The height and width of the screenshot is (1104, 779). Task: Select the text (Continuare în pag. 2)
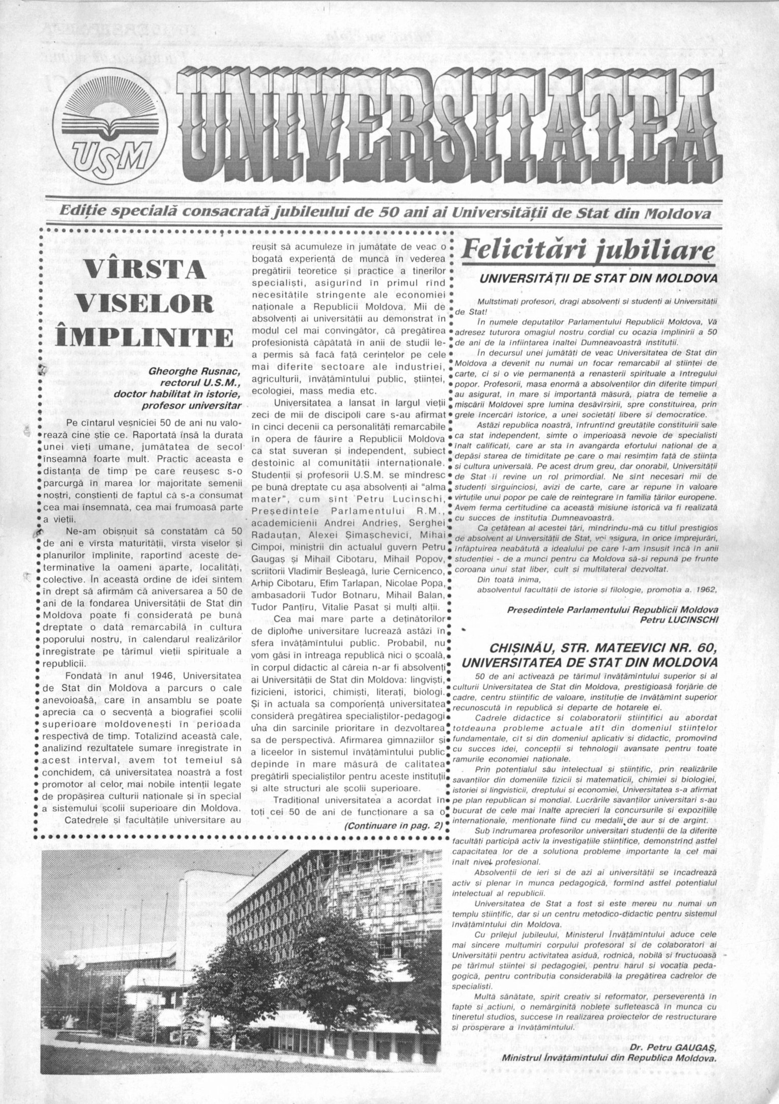(393, 826)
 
